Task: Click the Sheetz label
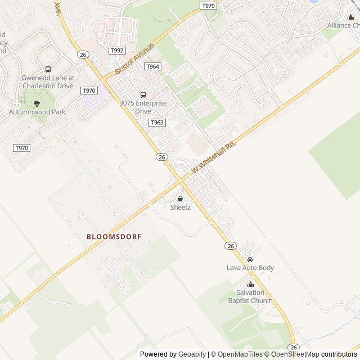pyautogui.click(x=181, y=208)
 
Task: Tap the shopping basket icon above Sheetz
pyautogui.click(x=181, y=199)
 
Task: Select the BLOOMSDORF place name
pyautogui.click(x=114, y=237)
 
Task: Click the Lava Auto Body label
pyautogui.click(x=250, y=268)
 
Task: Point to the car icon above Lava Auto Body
pyautogui.click(x=250, y=259)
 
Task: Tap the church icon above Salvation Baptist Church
pyautogui.click(x=250, y=284)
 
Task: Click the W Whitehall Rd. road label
pyautogui.click(x=213, y=156)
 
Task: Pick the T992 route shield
pyautogui.click(x=117, y=51)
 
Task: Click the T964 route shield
pyautogui.click(x=152, y=66)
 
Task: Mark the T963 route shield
pyautogui.click(x=157, y=122)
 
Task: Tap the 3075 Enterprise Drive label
pyautogui.click(x=143, y=107)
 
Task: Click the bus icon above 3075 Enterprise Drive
pyautogui.click(x=143, y=94)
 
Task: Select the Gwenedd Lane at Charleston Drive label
pyautogui.click(x=48, y=82)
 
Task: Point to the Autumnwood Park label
pyautogui.click(x=37, y=112)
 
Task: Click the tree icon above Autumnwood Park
pyautogui.click(x=37, y=103)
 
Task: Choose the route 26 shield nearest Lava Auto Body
pyautogui.click(x=231, y=246)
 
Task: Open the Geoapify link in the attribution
pyautogui.click(x=192, y=354)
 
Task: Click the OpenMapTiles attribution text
pyautogui.click(x=240, y=354)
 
